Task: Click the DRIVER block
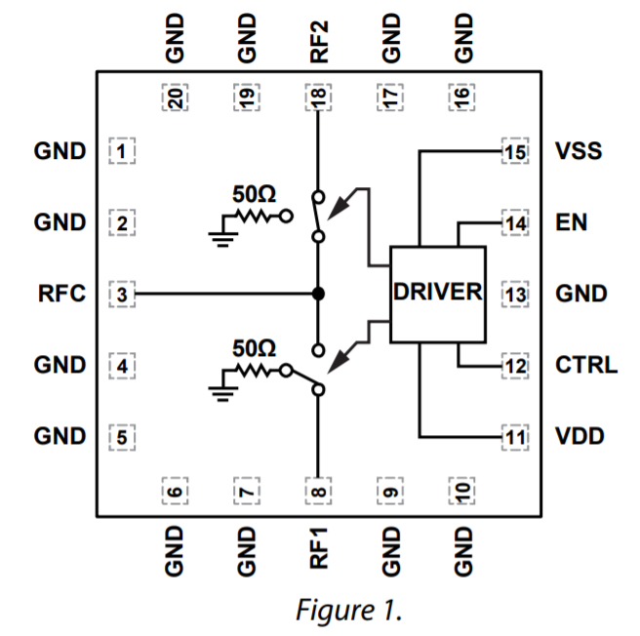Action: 437,294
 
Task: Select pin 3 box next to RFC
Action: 122,294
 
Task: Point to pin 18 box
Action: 318,97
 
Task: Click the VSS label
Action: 578,152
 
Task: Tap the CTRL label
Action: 585,366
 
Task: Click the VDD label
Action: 579,436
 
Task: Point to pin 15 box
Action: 513,152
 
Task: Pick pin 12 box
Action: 513,366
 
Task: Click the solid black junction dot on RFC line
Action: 318,294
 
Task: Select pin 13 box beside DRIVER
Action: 513,294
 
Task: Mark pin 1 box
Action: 122,152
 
